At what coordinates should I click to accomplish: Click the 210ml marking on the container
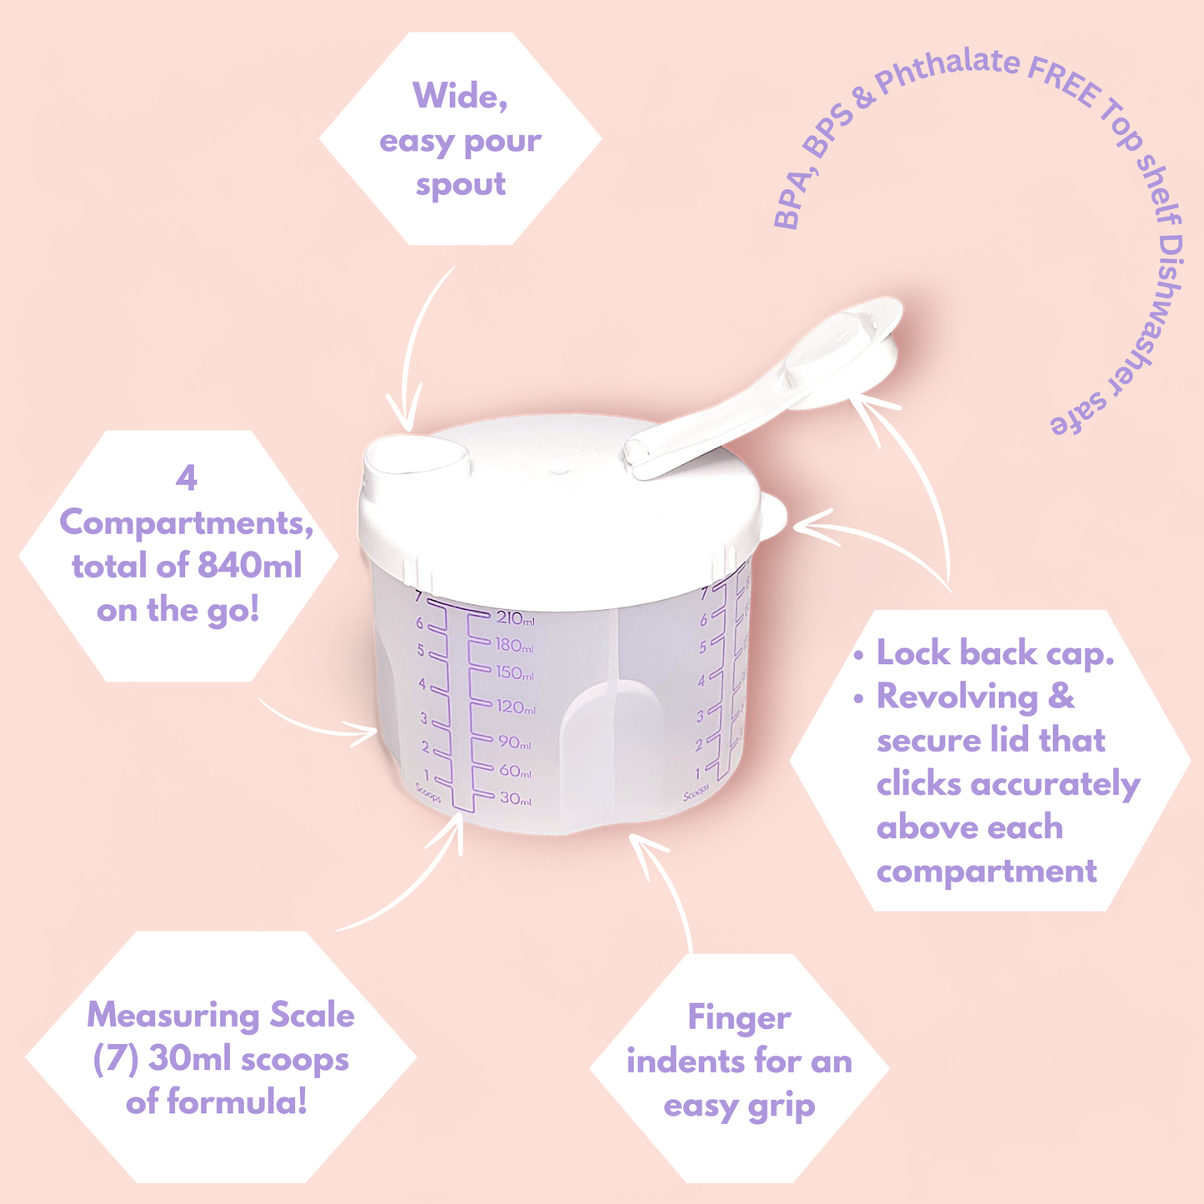click(x=516, y=618)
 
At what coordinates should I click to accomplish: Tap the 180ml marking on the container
click(x=515, y=646)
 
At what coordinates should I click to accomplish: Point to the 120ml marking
click(x=516, y=707)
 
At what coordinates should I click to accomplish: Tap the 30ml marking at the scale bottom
click(x=516, y=798)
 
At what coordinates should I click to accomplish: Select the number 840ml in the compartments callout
click(x=249, y=566)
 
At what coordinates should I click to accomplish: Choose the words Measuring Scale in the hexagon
click(x=221, y=1015)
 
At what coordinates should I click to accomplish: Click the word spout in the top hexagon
click(x=461, y=185)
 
